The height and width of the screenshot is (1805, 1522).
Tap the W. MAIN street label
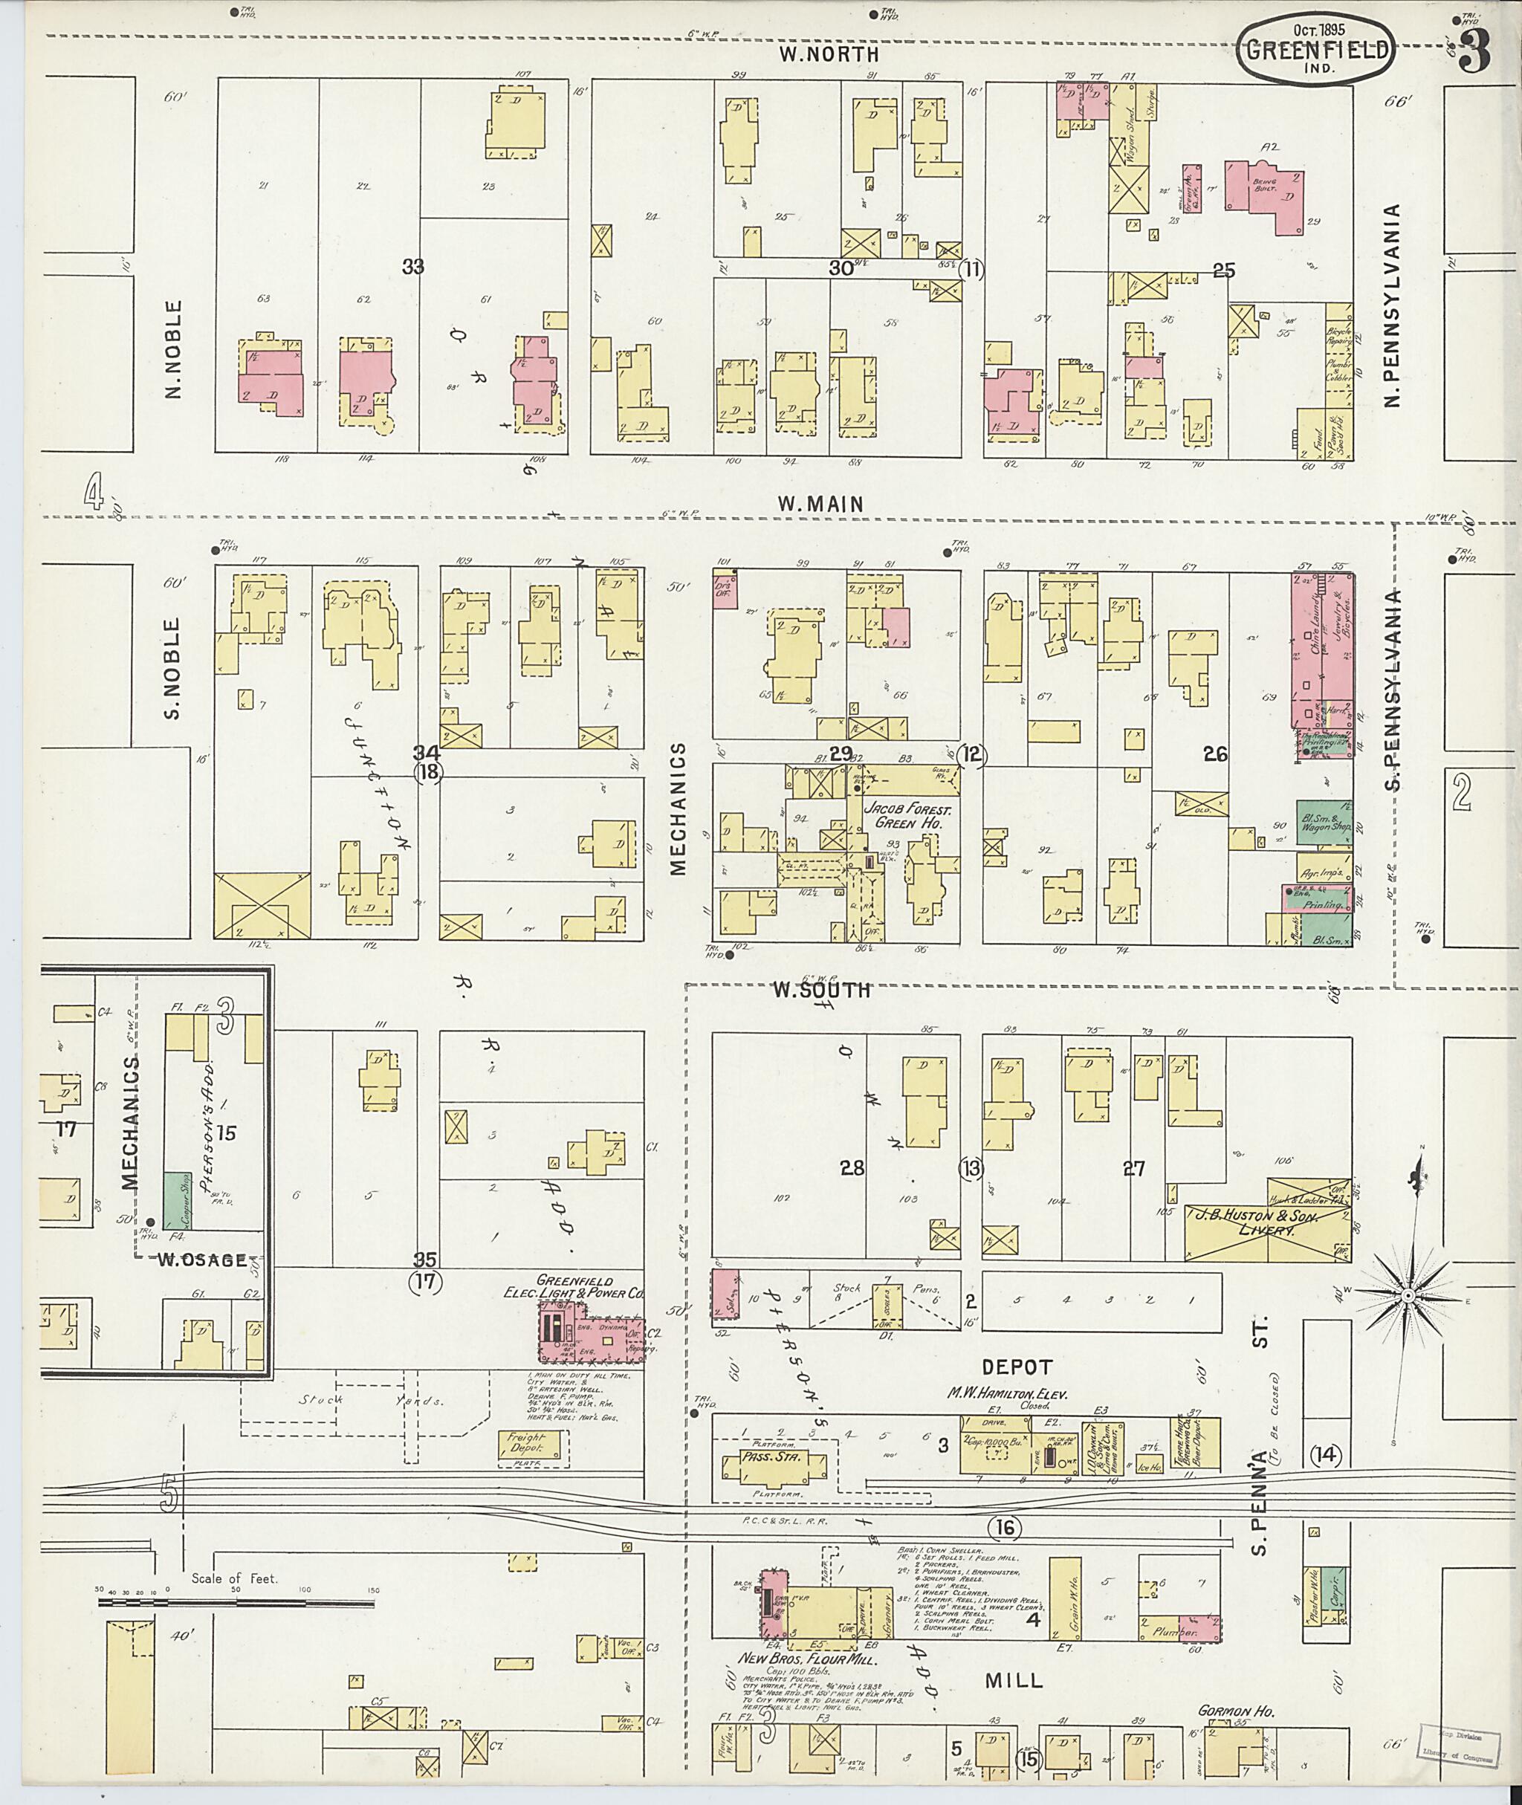tap(820, 504)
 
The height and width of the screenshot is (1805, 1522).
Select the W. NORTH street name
tap(829, 54)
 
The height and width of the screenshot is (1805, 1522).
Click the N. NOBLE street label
tap(175, 349)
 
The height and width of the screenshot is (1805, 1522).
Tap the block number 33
tap(412, 268)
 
